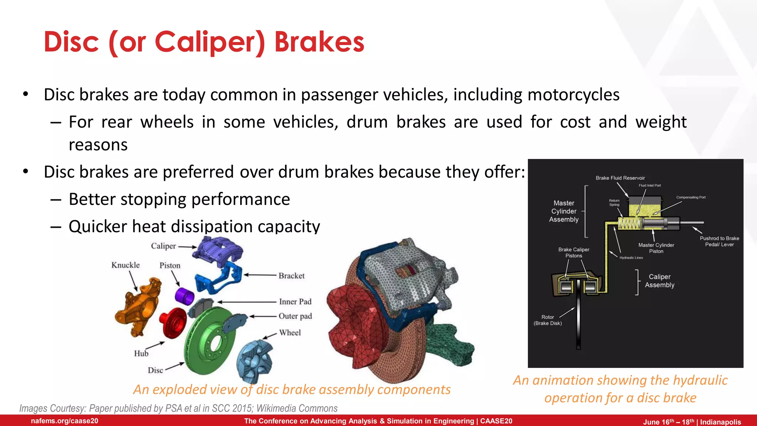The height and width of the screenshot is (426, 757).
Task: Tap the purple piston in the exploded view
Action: click(184, 296)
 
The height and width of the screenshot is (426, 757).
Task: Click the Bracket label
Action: click(291, 276)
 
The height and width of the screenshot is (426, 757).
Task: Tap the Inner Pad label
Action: click(295, 302)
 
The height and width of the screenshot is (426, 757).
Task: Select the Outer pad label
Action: click(295, 316)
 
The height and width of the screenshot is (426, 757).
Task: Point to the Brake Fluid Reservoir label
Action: click(620, 178)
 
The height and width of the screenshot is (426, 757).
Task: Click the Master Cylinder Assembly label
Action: click(564, 211)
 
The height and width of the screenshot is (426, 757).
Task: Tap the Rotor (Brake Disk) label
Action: click(547, 320)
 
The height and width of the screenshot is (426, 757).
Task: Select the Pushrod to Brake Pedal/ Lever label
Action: click(719, 241)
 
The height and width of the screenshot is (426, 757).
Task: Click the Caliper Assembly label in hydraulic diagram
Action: click(659, 281)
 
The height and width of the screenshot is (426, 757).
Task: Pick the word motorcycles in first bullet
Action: click(573, 95)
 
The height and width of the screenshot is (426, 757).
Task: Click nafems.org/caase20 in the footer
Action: click(64, 421)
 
